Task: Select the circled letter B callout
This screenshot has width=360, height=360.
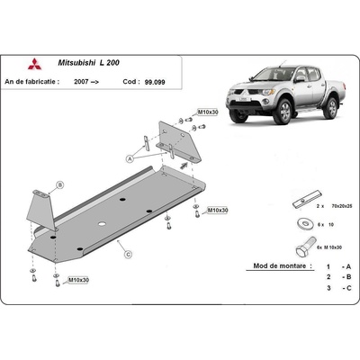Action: point(59,184)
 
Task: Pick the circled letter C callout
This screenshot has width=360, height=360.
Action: point(129,255)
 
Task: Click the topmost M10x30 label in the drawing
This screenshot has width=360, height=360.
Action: point(208,112)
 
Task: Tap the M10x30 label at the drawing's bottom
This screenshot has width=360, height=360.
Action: point(78,281)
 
